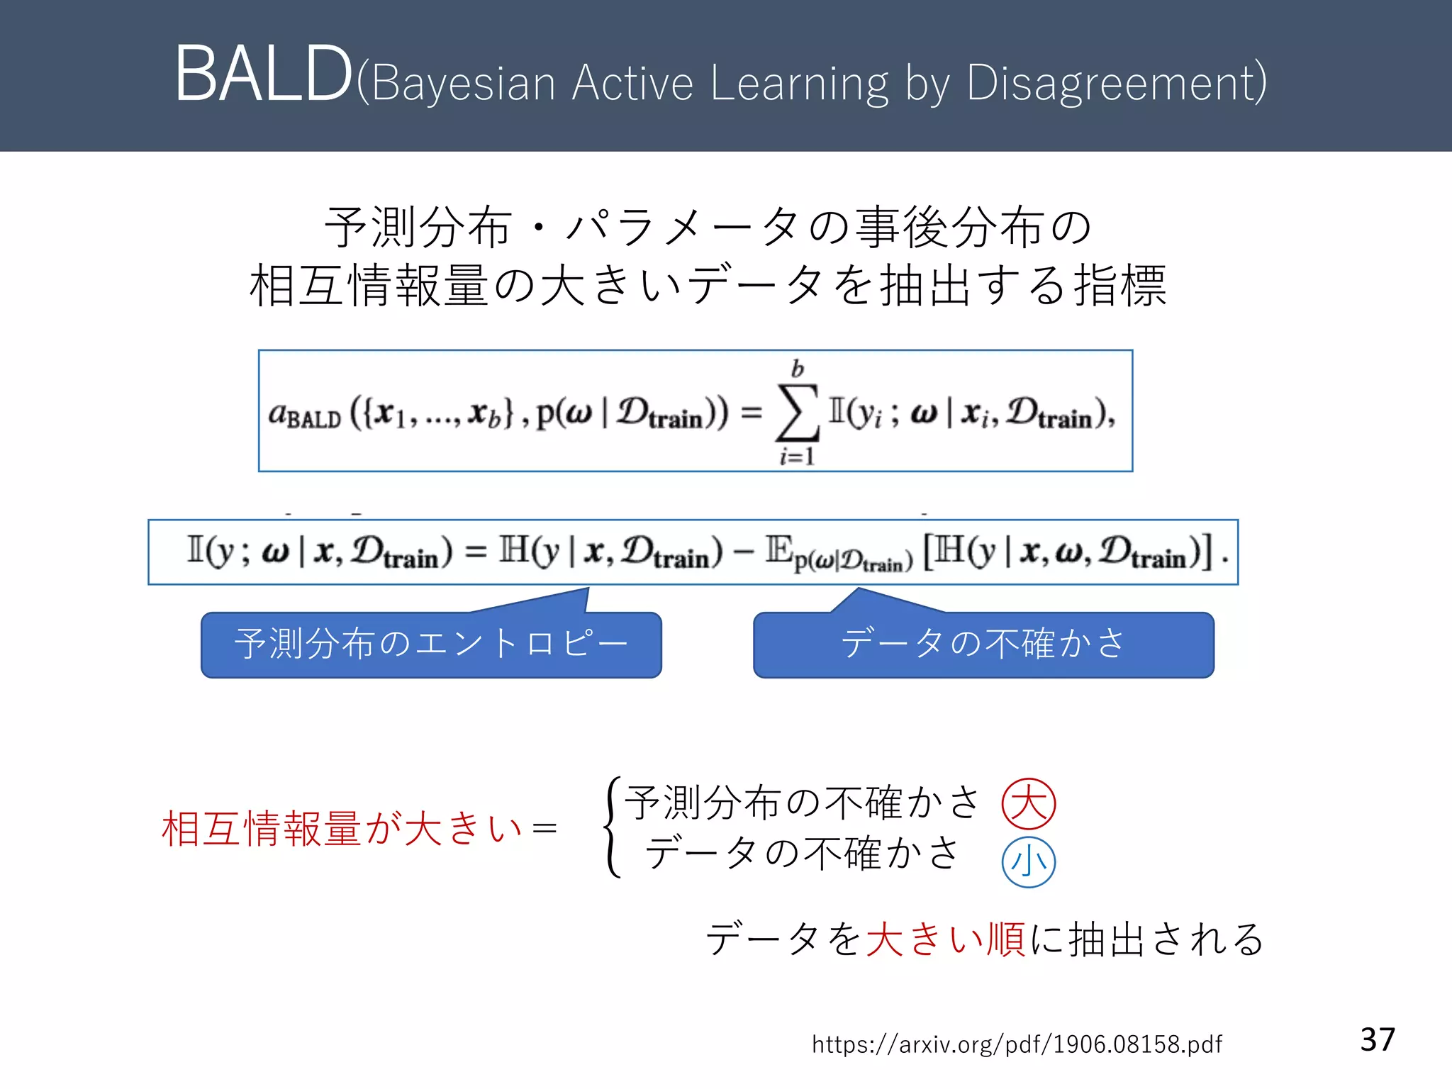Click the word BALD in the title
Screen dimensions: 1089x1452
pyautogui.click(x=263, y=74)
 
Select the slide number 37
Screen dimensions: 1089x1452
pyautogui.click(x=1378, y=1039)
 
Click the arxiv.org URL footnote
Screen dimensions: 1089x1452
pyautogui.click(x=1017, y=1044)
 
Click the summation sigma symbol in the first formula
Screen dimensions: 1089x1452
pyautogui.click(x=798, y=413)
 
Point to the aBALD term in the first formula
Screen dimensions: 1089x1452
pyautogui.click(x=304, y=414)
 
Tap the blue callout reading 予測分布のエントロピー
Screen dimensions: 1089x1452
pyautogui.click(x=431, y=644)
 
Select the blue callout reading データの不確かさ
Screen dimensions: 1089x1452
pyautogui.click(x=983, y=644)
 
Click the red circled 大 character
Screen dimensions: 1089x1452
pyautogui.click(x=1028, y=804)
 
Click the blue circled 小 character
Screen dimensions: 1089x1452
pyautogui.click(x=1028, y=862)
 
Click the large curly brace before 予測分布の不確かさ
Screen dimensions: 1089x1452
pyautogui.click(x=613, y=827)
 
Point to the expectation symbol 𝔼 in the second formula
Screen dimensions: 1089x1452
pyautogui.click(x=778, y=550)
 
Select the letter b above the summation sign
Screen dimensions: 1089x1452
pyautogui.click(x=798, y=369)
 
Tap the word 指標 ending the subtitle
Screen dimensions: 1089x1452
pyautogui.click(x=1120, y=286)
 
